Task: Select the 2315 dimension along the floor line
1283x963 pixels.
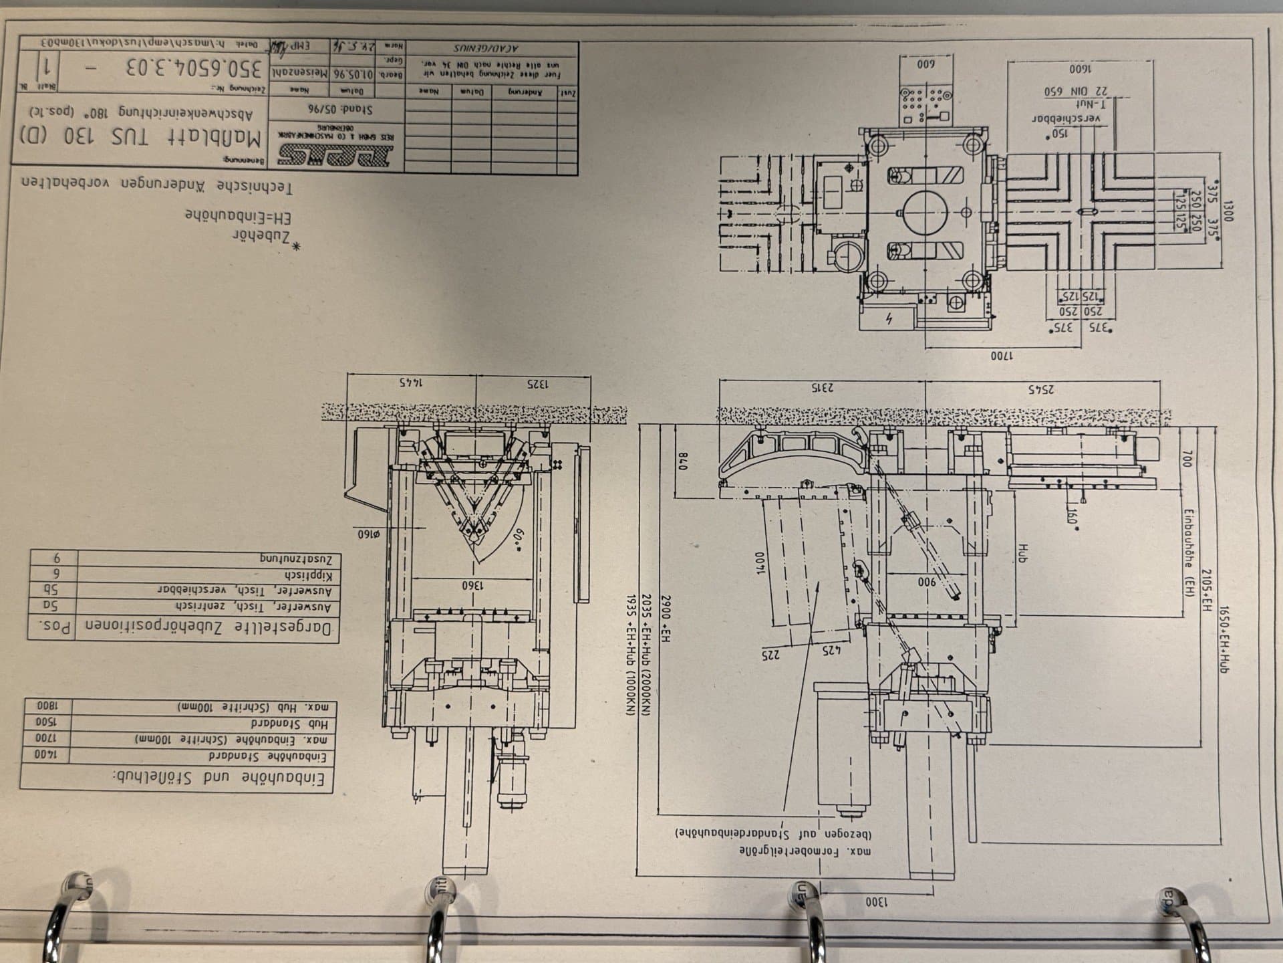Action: point(823,387)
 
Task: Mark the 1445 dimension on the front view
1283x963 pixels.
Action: point(413,383)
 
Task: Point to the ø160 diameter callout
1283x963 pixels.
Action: point(368,533)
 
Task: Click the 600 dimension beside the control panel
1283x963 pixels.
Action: point(925,65)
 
